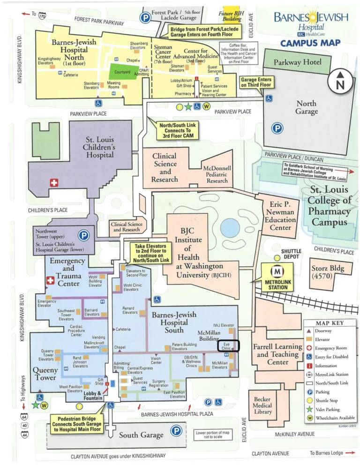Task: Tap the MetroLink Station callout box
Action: pyautogui.click(x=277, y=277)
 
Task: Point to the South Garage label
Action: pyautogui.click(x=141, y=435)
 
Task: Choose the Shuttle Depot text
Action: pyautogui.click(x=291, y=255)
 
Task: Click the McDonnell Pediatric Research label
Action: pyautogui.click(x=217, y=174)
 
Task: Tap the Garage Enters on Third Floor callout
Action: pyautogui.click(x=256, y=83)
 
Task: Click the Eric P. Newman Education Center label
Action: pyautogui.click(x=283, y=216)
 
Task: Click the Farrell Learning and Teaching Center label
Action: pyautogui.click(x=277, y=354)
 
